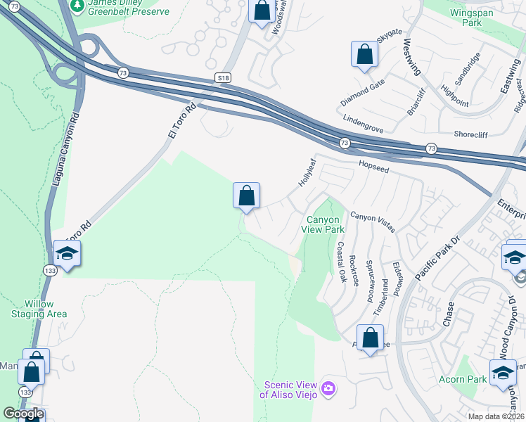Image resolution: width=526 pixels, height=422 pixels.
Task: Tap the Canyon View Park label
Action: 323,224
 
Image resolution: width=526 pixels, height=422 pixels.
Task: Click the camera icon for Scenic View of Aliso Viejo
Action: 328,388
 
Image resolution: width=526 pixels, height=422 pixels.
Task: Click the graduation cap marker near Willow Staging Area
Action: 68,254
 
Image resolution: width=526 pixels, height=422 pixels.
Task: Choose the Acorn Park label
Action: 467,380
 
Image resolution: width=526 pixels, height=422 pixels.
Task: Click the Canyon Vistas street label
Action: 373,222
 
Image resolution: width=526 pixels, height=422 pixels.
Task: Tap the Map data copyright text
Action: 496,416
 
